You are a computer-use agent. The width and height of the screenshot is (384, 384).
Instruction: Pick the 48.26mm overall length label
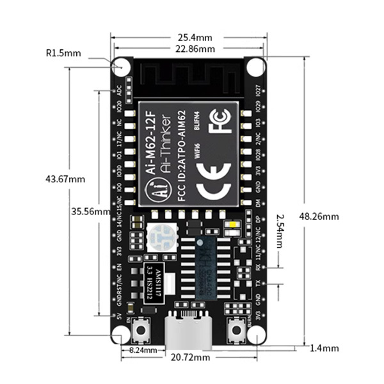[321, 216]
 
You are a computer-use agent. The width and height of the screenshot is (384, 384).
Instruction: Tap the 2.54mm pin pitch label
[280, 232]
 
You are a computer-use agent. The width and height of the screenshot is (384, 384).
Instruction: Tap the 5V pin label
[119, 316]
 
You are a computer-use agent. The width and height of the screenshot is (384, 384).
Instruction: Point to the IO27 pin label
[258, 90]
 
